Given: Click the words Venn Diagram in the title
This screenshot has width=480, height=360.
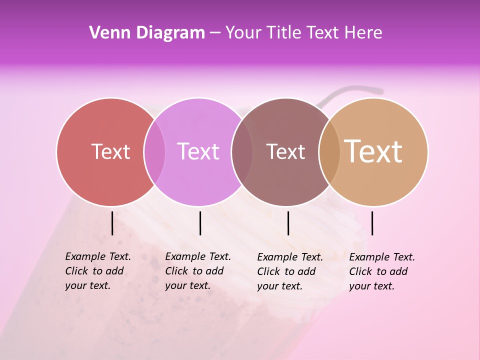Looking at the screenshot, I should click(x=147, y=33).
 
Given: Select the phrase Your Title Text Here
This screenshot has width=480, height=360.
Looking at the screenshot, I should click(x=303, y=33).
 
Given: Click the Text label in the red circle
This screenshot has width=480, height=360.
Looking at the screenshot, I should click(x=110, y=151).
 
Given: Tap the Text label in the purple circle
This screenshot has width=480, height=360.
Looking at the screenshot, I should click(x=198, y=151).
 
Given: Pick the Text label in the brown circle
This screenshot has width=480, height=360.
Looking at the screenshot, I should click(x=285, y=151).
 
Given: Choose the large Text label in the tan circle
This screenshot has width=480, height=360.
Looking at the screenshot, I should click(x=373, y=151).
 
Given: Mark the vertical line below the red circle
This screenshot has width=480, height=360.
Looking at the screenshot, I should click(x=112, y=223).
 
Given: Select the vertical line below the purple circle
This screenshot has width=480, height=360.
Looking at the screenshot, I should click(x=200, y=223).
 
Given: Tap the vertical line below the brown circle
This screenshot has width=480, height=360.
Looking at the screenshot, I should click(x=288, y=223).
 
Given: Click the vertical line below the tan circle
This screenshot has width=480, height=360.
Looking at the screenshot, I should click(x=372, y=223).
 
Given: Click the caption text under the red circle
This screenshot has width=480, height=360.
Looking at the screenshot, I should click(x=98, y=271).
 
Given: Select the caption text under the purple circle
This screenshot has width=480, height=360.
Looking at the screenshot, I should click(x=198, y=271).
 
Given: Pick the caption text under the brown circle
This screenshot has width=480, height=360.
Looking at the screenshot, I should click(x=290, y=271).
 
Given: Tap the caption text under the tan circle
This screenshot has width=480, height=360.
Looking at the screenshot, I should click(x=382, y=271).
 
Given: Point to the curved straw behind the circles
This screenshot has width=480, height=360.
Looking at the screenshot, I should click(x=350, y=90).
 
